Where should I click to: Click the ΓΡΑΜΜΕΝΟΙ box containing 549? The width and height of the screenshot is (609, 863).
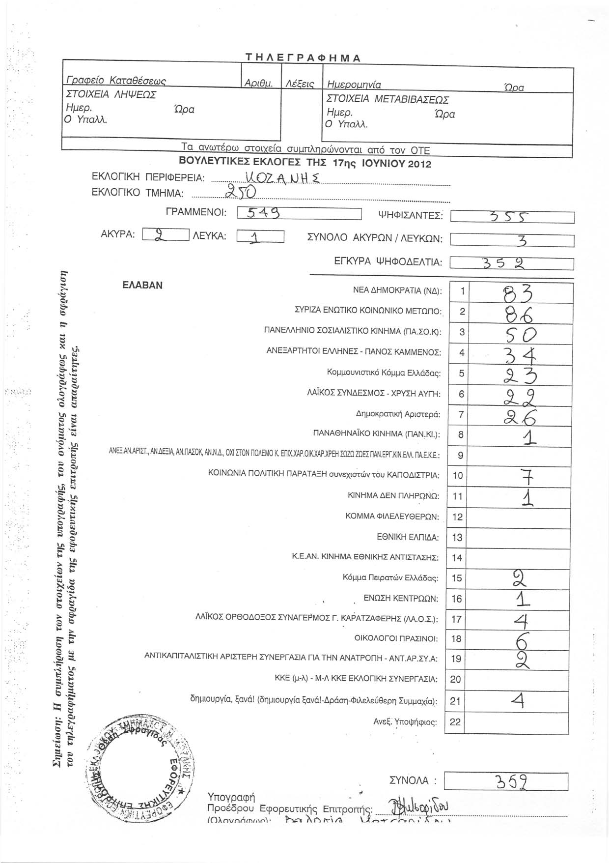299,213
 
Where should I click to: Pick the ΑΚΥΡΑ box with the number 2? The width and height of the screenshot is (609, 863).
165,235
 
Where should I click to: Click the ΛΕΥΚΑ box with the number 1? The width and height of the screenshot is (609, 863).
260,236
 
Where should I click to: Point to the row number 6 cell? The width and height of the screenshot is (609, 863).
461,394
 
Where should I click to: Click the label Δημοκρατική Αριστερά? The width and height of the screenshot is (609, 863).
398,414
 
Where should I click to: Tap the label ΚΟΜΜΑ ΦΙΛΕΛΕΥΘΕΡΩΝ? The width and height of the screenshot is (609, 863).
392,517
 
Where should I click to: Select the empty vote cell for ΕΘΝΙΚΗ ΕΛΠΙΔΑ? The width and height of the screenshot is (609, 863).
521,537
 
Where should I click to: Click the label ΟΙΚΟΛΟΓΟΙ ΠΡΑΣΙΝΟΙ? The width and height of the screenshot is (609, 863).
395,639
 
